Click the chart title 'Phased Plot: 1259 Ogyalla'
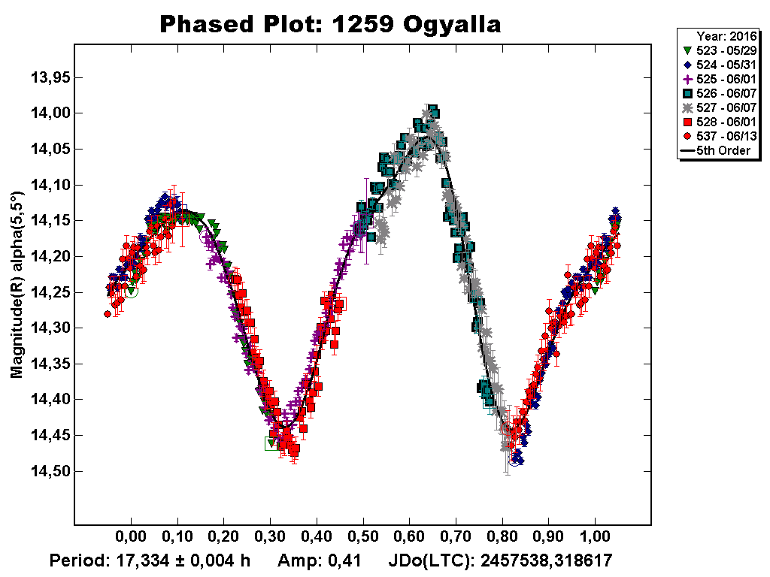click(x=330, y=25)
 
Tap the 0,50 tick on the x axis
click(x=363, y=539)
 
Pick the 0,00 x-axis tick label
click(x=131, y=539)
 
